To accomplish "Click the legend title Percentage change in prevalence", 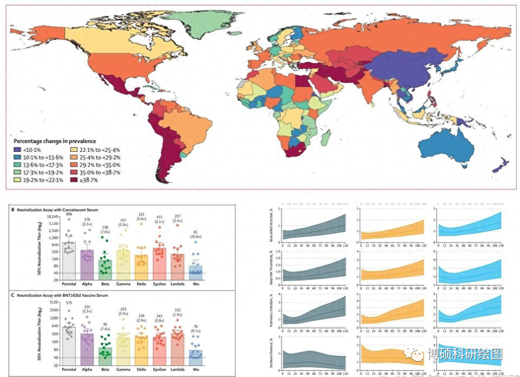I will pos(55,141).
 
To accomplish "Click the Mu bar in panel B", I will pos(195,271).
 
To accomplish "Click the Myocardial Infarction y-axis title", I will pos(274,224).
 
